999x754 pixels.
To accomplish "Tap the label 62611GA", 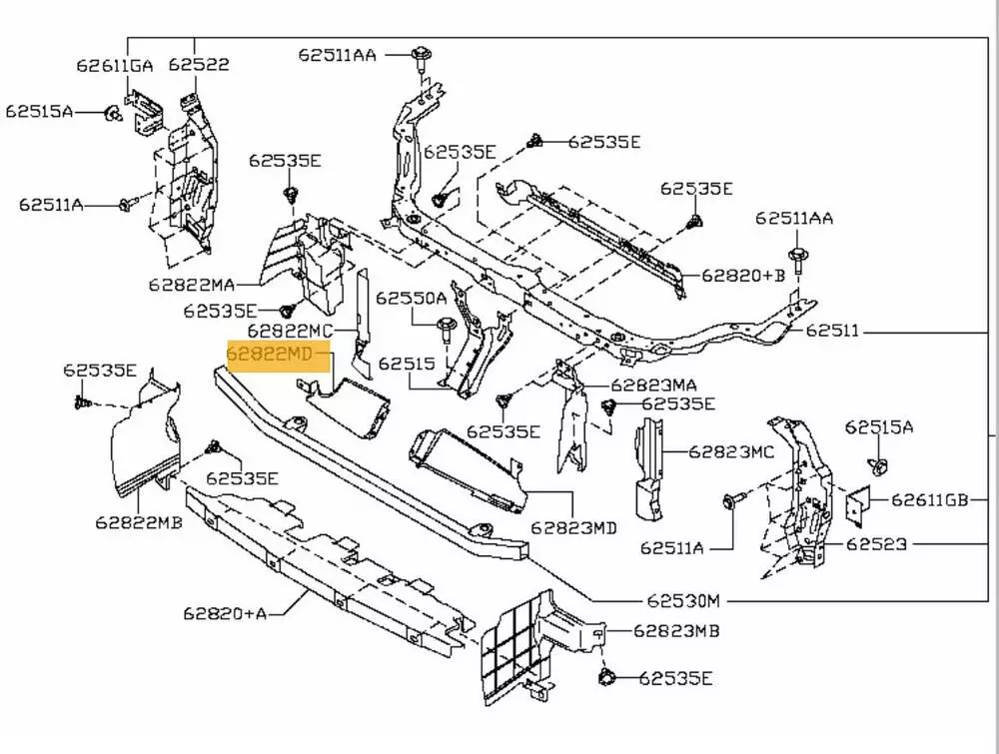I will (x=115, y=66).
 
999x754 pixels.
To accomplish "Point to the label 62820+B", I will (x=743, y=275).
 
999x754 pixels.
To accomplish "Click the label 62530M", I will (x=682, y=600).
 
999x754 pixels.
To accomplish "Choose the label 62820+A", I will (x=225, y=612).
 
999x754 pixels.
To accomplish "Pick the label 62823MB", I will (x=676, y=630).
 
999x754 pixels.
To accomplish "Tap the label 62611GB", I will (x=930, y=500).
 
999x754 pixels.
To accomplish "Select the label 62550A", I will (x=412, y=298).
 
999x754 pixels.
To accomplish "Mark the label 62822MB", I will (x=139, y=520).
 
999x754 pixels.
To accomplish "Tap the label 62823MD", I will (x=573, y=526).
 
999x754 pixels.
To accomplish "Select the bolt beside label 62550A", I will (x=446, y=325).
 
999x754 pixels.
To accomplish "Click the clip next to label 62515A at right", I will (x=878, y=465).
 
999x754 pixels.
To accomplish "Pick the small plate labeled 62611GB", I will (x=858, y=505).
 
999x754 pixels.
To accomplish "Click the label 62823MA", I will (x=654, y=384).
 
